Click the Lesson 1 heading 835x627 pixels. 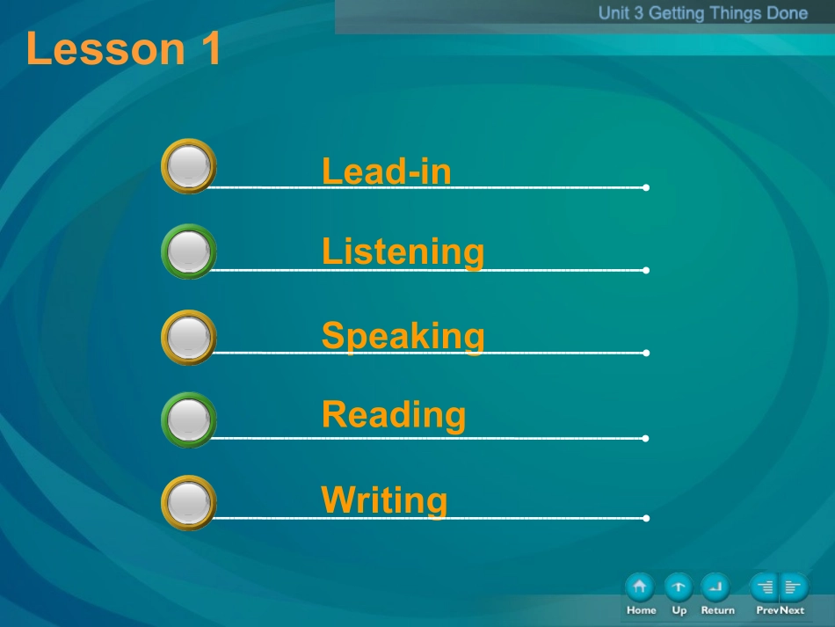(x=123, y=48)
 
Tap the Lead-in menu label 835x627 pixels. (x=387, y=171)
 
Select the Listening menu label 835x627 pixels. (x=403, y=252)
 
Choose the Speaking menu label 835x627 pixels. (x=403, y=336)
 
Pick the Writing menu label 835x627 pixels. (x=384, y=499)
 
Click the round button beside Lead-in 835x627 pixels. (x=188, y=166)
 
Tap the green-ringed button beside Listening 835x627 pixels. (x=188, y=252)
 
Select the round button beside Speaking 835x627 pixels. (x=188, y=337)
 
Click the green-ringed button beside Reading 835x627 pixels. (x=188, y=419)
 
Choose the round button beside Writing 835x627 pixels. (x=188, y=503)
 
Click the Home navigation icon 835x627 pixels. (x=640, y=587)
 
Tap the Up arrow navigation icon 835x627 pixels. (x=679, y=587)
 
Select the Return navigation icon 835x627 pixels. (x=715, y=587)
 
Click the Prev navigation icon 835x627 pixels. (x=764, y=587)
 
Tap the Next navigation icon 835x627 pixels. (x=794, y=587)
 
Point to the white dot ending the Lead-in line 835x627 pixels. (x=646, y=187)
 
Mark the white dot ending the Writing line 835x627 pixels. (x=646, y=518)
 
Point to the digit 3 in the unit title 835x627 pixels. (x=638, y=13)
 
